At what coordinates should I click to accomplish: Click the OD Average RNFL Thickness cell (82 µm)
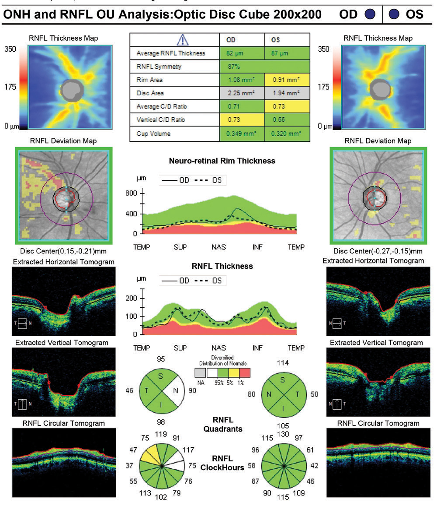pyautogui.click(x=241, y=53)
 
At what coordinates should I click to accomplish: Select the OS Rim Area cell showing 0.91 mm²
pyautogui.click(x=287, y=80)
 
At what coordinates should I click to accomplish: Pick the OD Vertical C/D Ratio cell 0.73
pyautogui.click(x=241, y=119)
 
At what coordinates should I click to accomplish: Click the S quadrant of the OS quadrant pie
pyautogui.click(x=282, y=380)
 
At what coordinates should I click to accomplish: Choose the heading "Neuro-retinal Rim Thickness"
pyautogui.click(x=222, y=161)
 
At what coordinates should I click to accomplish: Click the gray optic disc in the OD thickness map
pyautogui.click(x=71, y=90)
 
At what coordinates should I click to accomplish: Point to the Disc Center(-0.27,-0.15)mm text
pyautogui.click(x=378, y=251)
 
